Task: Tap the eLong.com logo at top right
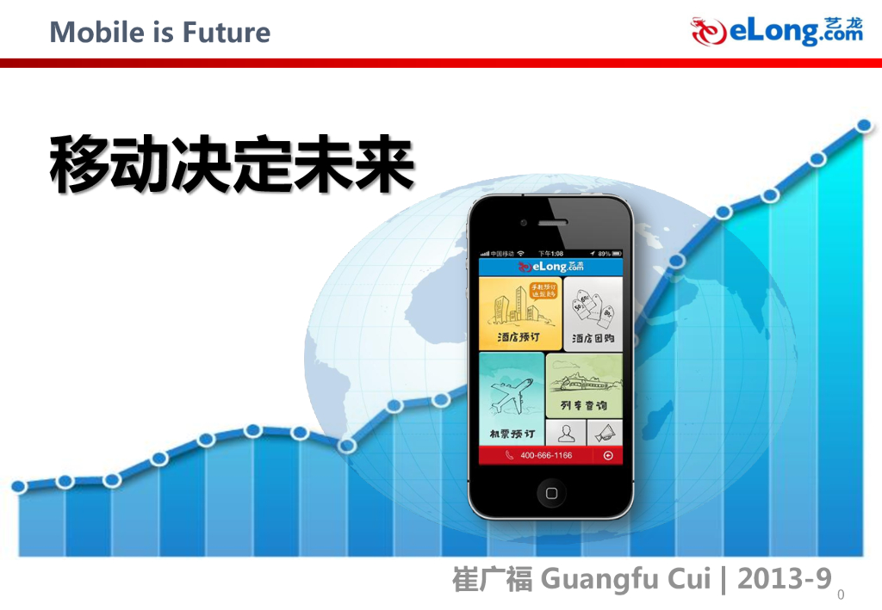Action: [777, 32]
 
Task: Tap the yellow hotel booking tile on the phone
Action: [519, 313]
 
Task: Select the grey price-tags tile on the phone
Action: [593, 313]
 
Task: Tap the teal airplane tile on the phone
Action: [512, 397]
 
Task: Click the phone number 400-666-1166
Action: [546, 455]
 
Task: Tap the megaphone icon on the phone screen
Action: [605, 433]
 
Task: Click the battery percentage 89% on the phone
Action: [605, 254]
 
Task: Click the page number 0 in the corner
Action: [842, 595]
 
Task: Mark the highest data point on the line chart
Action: [864, 126]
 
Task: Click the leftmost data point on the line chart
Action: [19, 487]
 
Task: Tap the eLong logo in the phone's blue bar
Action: [550, 267]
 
